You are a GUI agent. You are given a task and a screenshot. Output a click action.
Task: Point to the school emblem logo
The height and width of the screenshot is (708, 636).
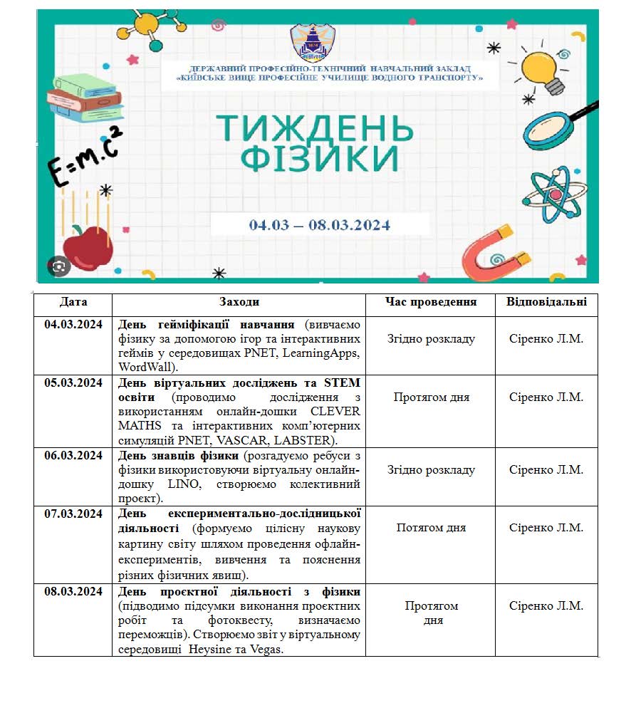coord(313,43)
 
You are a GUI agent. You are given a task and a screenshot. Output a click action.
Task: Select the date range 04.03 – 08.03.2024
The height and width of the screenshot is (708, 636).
coord(320,225)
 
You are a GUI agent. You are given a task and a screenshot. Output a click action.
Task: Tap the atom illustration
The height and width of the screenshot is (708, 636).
coord(555,194)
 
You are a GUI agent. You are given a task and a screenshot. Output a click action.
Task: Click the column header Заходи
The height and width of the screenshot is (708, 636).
coord(239,303)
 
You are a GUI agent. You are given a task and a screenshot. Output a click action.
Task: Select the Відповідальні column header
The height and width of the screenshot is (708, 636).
coord(546,303)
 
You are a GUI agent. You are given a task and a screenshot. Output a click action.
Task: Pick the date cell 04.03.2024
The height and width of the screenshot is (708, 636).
coord(73,324)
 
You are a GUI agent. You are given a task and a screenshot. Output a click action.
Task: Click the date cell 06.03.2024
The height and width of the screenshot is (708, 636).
coord(73,455)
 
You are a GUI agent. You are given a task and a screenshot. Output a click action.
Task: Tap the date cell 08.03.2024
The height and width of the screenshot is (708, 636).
coord(73,592)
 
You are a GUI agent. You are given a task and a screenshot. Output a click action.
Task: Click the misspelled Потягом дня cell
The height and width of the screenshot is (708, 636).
coord(431,528)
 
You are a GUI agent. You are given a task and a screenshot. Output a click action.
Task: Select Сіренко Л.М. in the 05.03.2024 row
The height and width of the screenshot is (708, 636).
coord(546,397)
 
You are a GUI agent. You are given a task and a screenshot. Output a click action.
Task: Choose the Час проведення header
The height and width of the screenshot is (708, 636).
coord(431,303)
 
